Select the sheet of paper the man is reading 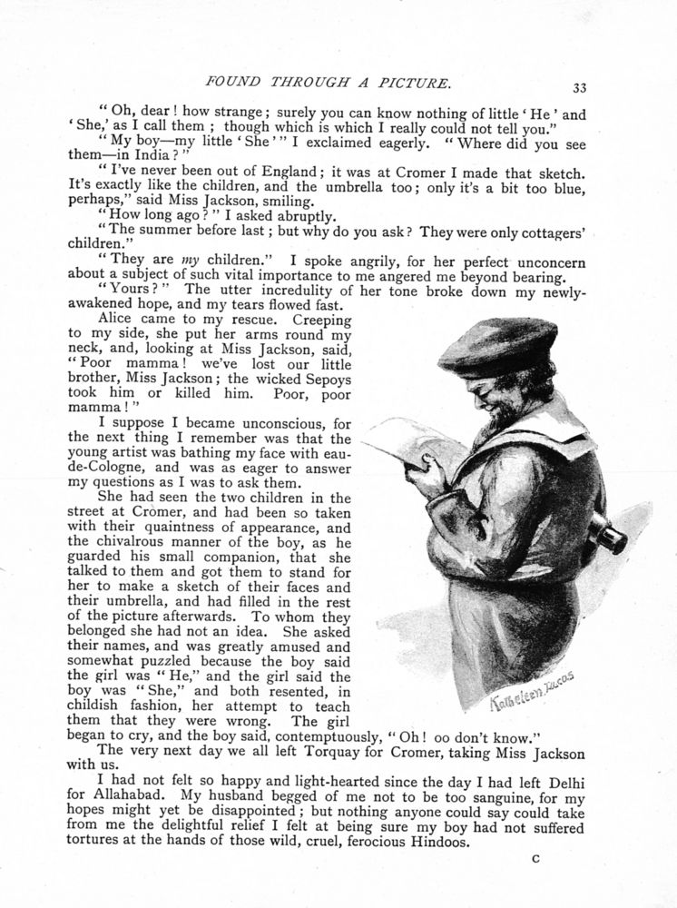409,446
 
